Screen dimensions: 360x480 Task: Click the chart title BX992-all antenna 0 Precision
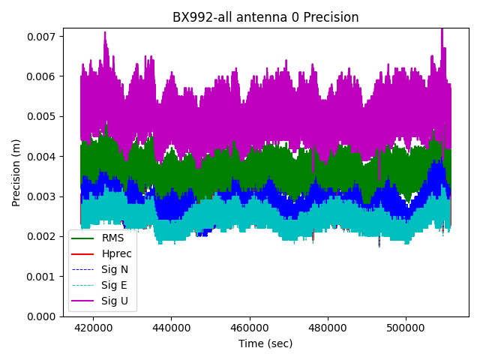tap(265, 17)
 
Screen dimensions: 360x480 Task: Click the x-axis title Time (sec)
tap(265, 343)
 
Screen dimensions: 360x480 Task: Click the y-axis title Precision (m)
tap(16, 172)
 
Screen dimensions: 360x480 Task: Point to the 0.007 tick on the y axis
tap(43, 36)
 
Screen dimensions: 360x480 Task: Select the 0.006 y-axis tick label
tap(43, 76)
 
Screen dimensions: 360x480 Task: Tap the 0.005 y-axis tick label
tap(43, 116)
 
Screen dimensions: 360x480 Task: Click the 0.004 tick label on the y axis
tap(43, 157)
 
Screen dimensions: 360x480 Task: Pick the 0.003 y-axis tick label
tap(43, 196)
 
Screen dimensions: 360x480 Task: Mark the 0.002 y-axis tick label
tap(43, 236)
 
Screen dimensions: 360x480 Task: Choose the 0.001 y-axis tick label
tap(43, 277)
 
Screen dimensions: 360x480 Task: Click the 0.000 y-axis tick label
tap(43, 316)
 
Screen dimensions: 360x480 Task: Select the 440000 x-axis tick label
tap(171, 328)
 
